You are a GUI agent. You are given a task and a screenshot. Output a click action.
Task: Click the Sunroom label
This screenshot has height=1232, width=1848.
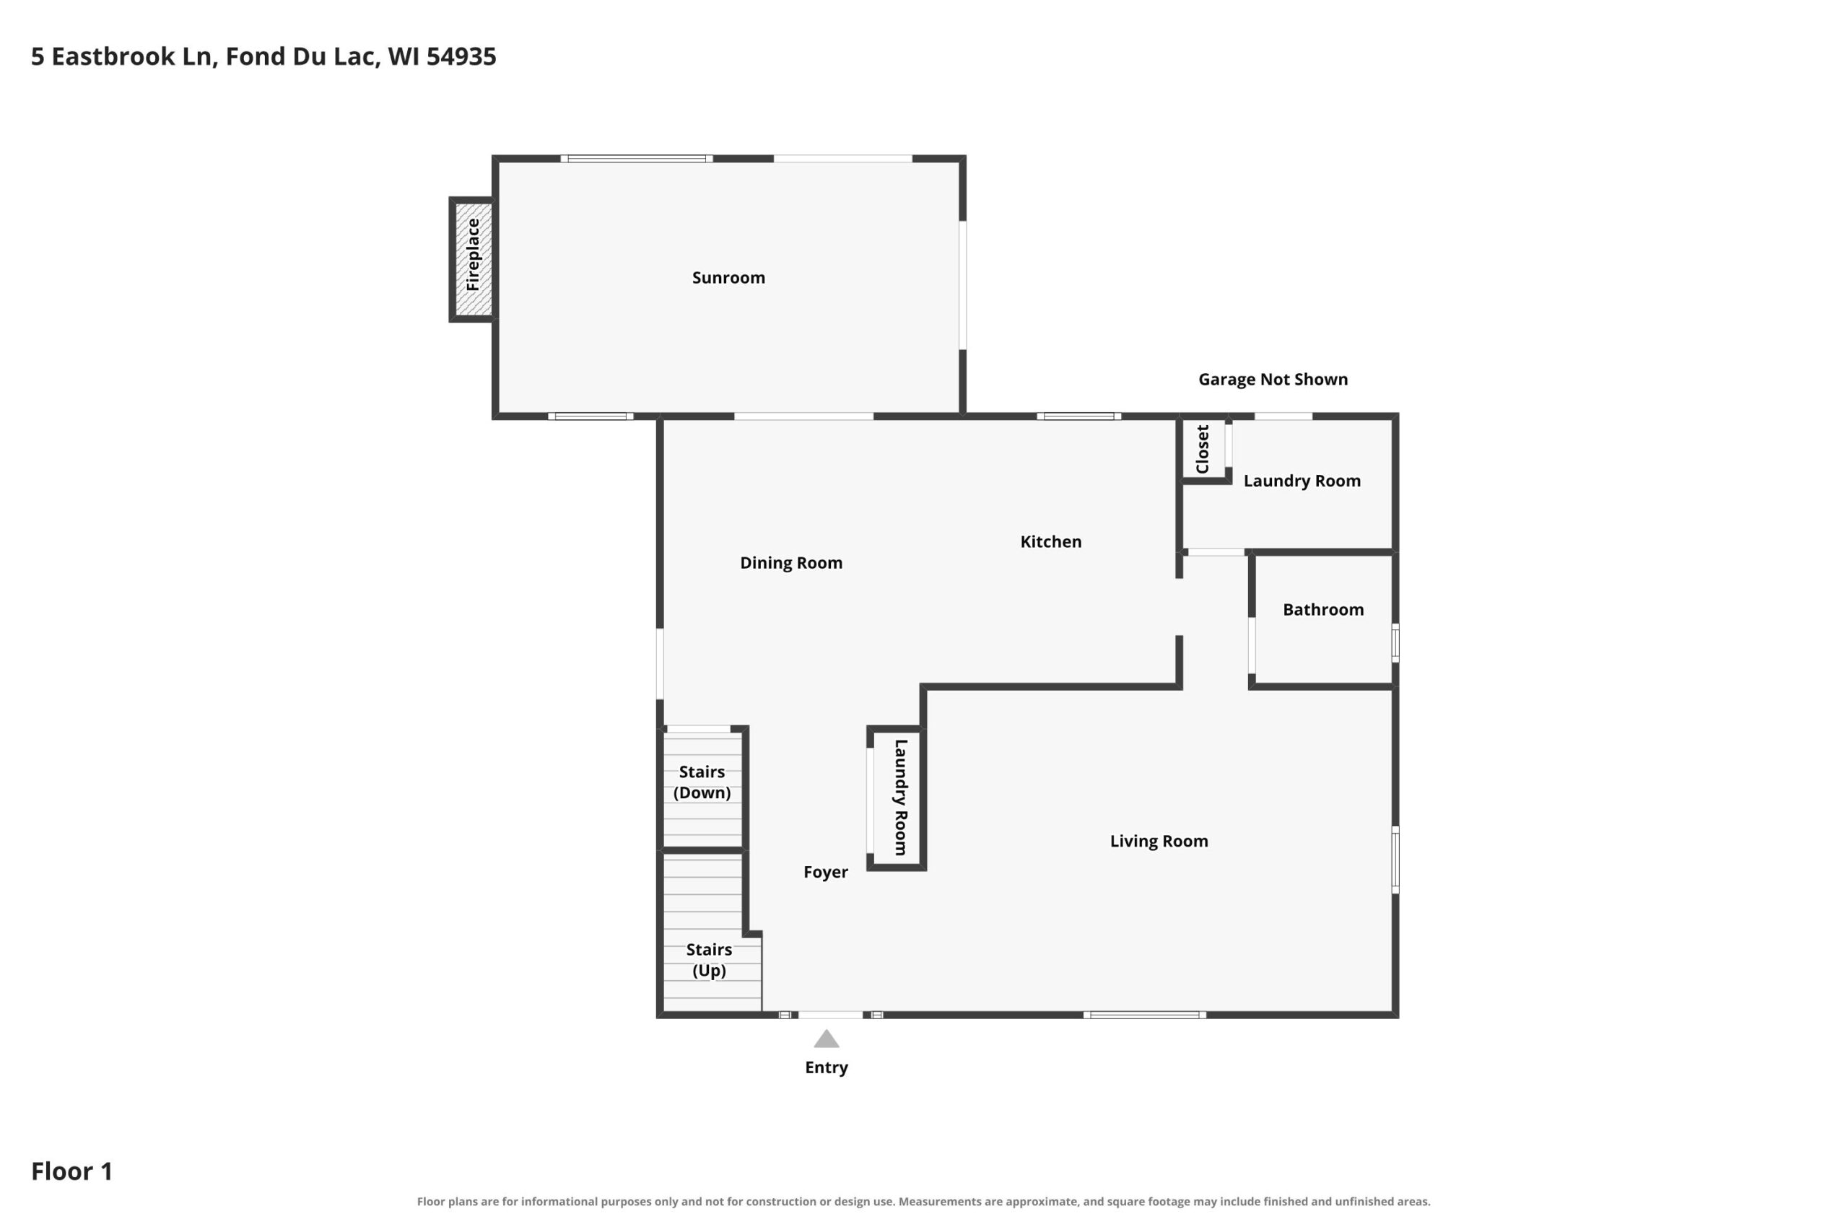(x=728, y=277)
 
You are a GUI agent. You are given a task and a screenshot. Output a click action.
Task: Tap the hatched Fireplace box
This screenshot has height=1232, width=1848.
(x=473, y=259)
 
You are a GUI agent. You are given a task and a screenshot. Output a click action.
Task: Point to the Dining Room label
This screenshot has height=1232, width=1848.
(x=791, y=562)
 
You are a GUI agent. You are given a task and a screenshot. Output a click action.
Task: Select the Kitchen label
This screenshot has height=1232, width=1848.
(x=1050, y=541)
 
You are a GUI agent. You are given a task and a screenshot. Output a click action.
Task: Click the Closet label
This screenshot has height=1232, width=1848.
(x=1202, y=449)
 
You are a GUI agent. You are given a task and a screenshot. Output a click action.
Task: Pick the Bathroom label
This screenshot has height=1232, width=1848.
(x=1323, y=610)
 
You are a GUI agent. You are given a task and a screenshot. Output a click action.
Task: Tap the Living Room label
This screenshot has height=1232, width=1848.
(x=1159, y=841)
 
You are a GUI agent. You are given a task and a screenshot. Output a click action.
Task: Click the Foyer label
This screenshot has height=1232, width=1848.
(x=826, y=872)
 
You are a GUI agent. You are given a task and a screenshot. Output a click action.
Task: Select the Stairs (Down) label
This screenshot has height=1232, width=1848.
(x=702, y=782)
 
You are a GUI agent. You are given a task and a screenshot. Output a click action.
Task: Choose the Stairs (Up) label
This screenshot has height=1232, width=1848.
(x=709, y=959)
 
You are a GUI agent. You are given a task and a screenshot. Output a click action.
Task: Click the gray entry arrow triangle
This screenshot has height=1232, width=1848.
(x=827, y=1039)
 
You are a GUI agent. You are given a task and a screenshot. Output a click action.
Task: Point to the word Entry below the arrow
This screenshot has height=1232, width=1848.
(x=827, y=1067)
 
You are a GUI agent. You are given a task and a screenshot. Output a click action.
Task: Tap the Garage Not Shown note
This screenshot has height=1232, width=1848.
(x=1273, y=380)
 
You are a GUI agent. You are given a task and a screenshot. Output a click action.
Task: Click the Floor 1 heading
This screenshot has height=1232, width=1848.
(x=71, y=1171)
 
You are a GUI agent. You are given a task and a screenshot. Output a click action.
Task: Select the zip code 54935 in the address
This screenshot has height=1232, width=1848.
(x=461, y=56)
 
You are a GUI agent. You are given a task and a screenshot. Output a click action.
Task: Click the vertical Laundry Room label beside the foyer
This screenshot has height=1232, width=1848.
(x=901, y=797)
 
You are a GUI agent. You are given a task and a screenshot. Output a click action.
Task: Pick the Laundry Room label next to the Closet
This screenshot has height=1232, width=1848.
(x=1302, y=481)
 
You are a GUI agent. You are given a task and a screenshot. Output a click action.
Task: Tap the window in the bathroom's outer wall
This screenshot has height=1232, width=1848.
(x=1395, y=643)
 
